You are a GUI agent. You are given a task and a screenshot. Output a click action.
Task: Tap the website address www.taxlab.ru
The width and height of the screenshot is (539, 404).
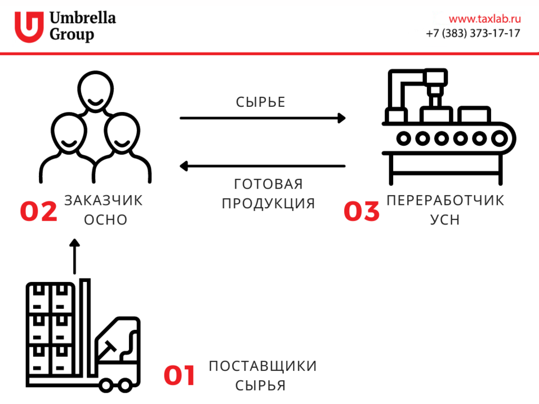[484, 19]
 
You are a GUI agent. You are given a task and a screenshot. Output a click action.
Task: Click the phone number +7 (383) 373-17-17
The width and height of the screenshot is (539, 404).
[473, 33]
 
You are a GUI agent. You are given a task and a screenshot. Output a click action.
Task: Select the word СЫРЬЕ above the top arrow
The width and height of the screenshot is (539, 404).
[261, 102]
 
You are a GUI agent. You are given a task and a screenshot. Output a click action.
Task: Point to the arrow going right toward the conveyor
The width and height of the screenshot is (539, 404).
[262, 118]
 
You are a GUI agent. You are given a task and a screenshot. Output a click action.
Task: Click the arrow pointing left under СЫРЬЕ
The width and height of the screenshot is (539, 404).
[262, 166]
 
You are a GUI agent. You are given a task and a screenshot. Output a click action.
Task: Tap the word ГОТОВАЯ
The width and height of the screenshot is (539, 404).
[269, 185]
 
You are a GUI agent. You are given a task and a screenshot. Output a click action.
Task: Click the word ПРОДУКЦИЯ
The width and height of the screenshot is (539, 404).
[268, 203]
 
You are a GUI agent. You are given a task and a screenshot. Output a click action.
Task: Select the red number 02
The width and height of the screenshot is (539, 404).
[39, 212]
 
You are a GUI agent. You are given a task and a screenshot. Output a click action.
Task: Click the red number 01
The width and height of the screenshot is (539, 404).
[179, 376]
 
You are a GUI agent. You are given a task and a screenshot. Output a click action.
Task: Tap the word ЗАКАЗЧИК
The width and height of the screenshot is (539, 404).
[104, 200]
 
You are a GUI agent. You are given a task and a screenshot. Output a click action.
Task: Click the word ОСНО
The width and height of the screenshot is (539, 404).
[106, 219]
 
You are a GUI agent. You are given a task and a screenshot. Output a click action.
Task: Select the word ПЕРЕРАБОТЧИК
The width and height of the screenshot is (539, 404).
[446, 200]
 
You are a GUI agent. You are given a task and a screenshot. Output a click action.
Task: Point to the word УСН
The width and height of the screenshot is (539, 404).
[445, 219]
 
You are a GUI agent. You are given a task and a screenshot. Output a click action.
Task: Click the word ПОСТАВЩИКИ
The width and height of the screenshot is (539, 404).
[263, 366]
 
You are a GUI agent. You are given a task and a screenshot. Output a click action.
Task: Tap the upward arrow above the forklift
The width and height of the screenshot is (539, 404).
[74, 257]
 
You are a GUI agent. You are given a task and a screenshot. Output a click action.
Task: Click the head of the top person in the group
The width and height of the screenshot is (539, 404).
[95, 92]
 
